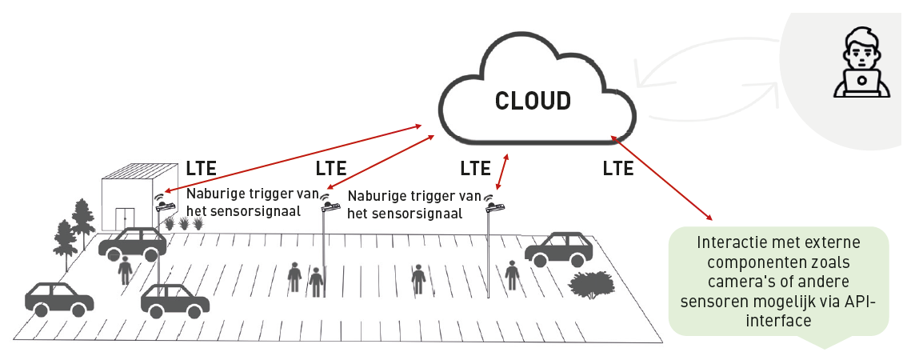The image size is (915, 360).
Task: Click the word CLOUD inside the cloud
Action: pos(533,101)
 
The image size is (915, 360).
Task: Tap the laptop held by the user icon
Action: pos(861,83)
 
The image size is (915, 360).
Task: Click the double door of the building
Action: pos(124,218)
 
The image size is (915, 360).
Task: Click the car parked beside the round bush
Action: pos(559,250)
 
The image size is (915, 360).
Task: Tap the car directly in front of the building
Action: pos(132,243)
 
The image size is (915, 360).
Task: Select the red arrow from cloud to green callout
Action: pos(661,178)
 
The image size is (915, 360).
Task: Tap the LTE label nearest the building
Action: pos(202,169)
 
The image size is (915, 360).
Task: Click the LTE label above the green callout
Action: pos(618,169)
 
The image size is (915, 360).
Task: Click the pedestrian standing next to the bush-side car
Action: pos(512,275)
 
